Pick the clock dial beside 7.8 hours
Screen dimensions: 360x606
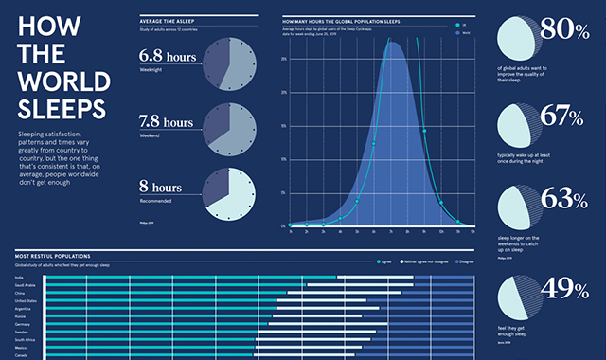click(229, 129)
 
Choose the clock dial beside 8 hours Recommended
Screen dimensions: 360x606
click(229, 192)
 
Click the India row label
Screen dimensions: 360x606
click(21, 277)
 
